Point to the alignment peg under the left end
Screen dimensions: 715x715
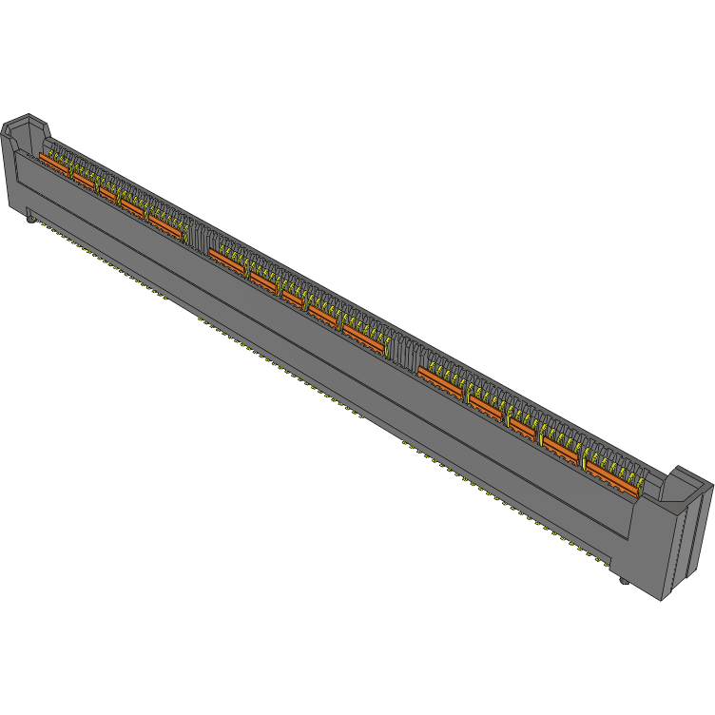[x=31, y=221]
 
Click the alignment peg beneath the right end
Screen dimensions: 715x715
[x=623, y=579]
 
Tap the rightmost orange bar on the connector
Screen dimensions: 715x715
[x=610, y=478]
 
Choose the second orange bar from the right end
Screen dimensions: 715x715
[x=561, y=450]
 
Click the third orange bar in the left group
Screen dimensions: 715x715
[x=106, y=192]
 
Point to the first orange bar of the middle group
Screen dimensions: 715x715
[x=226, y=261]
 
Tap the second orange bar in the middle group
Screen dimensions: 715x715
[x=262, y=281]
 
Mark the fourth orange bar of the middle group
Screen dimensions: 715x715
[x=323, y=317]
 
